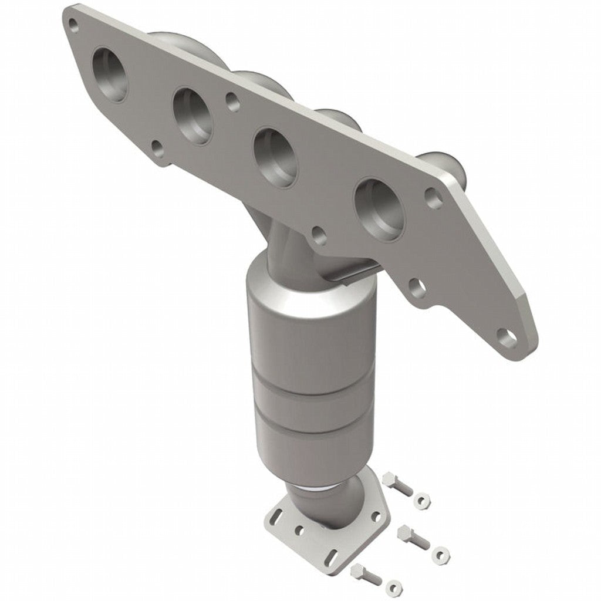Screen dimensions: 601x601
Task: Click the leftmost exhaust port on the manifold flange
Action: pos(111,75)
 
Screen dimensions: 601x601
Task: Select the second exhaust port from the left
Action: pos(193,116)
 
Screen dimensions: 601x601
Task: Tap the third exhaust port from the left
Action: pos(274,157)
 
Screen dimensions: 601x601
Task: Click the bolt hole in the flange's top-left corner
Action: pos(73,24)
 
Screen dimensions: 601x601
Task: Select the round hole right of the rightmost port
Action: pos(434,198)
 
